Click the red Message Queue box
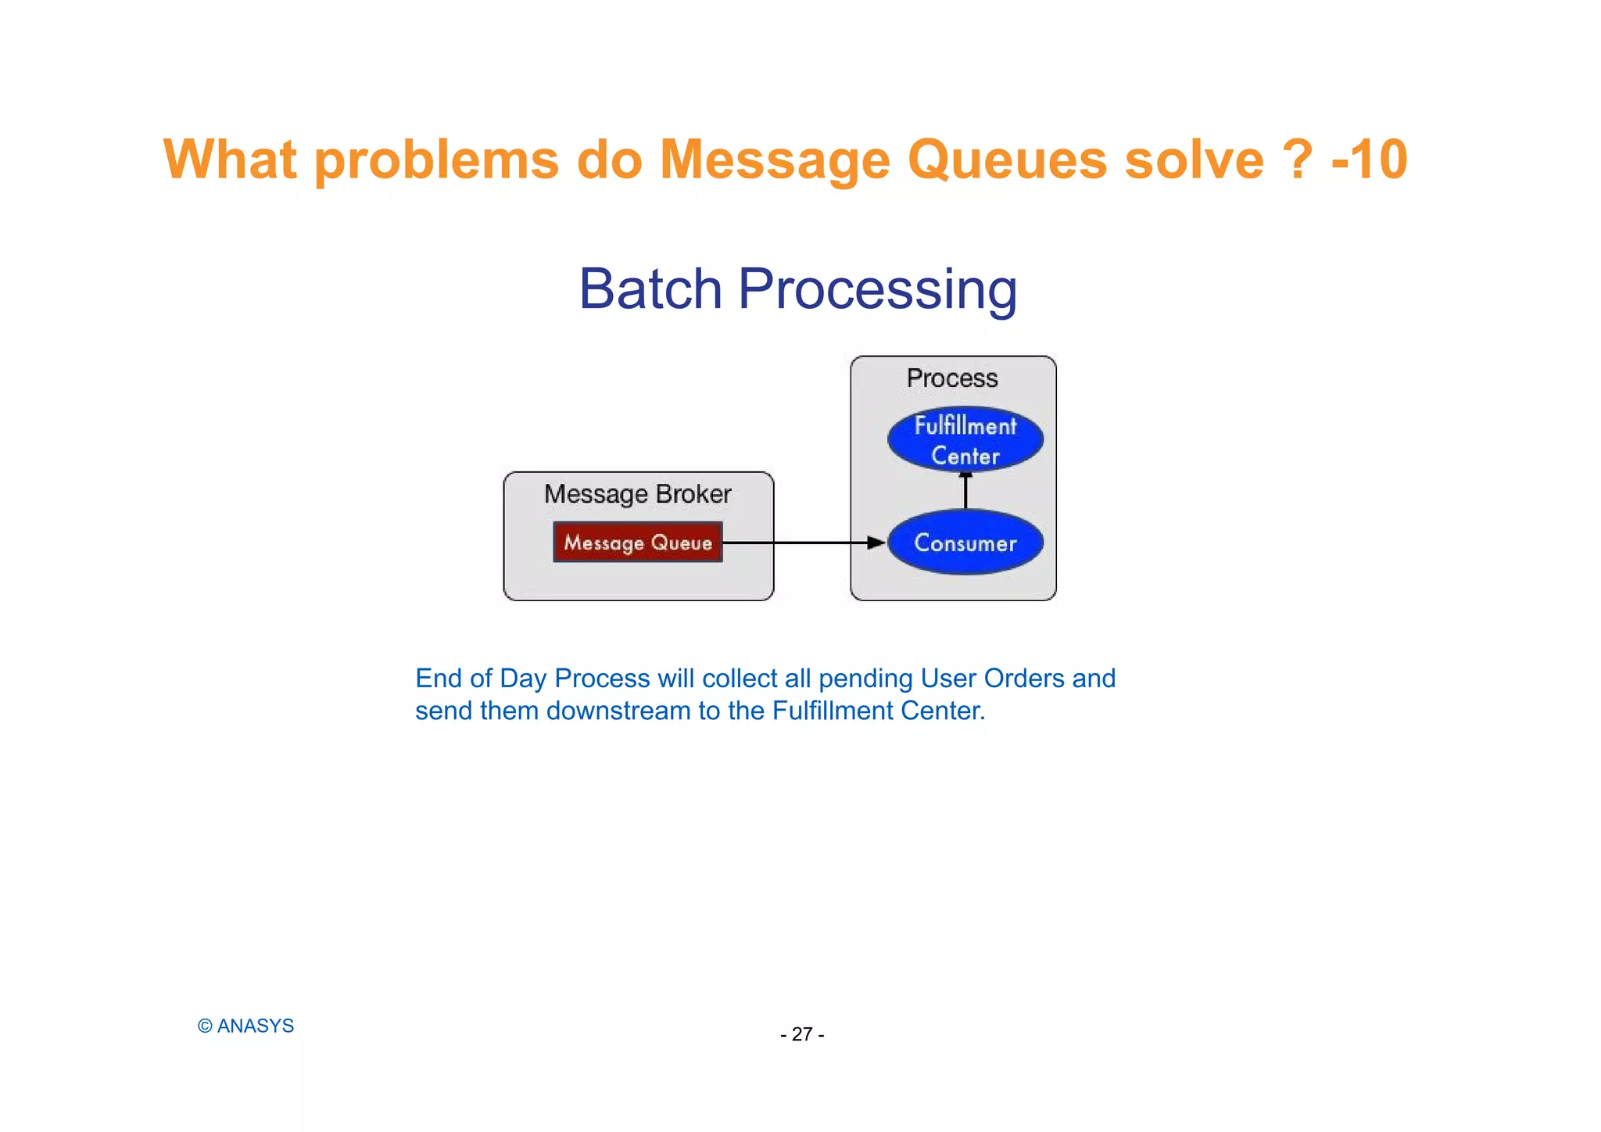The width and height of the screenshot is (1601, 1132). (x=637, y=542)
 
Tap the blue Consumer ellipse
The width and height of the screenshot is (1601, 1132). (x=965, y=543)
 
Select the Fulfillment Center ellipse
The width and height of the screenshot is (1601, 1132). (x=965, y=439)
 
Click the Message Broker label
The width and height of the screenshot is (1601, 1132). (x=637, y=494)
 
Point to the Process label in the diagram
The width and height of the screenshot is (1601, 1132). (x=951, y=378)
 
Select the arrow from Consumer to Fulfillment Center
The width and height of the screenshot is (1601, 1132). (x=965, y=491)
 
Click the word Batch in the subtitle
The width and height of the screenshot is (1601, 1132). (x=650, y=289)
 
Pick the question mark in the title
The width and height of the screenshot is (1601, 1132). (x=1298, y=160)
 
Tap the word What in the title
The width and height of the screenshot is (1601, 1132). (x=230, y=160)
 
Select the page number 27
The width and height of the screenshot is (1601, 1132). (x=802, y=1034)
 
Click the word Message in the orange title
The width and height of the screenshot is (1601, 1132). (x=775, y=160)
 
